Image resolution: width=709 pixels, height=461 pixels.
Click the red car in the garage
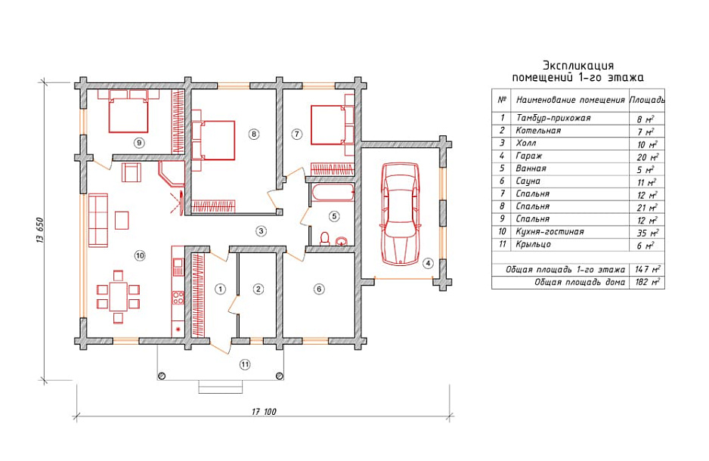click(x=400, y=214)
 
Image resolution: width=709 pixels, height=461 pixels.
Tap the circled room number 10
click(x=140, y=255)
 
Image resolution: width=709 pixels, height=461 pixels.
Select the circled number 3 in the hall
click(x=261, y=231)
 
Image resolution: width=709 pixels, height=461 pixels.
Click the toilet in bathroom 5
click(x=325, y=239)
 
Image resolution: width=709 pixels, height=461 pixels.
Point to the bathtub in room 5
click(x=333, y=193)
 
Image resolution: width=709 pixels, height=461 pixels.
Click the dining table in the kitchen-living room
click(x=119, y=295)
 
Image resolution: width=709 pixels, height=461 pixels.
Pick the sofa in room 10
click(x=98, y=220)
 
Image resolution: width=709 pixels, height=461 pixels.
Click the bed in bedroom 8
click(x=213, y=140)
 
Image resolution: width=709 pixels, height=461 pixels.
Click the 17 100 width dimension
click(x=264, y=411)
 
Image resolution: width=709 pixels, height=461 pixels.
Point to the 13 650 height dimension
click(x=39, y=231)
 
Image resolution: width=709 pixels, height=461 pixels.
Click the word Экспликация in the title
click(x=578, y=66)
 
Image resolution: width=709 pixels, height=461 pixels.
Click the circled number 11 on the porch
click(x=245, y=364)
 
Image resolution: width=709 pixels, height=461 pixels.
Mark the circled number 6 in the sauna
click(x=319, y=289)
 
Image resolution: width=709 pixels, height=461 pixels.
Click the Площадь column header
click(x=647, y=100)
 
